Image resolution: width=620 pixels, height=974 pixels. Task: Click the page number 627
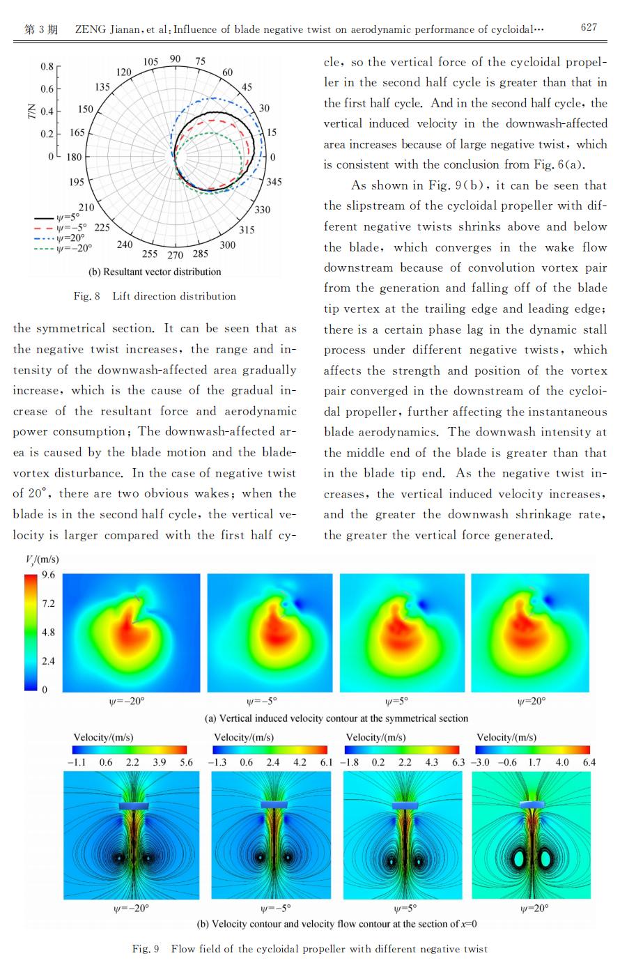[x=589, y=27]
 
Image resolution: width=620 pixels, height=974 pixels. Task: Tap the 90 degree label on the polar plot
[x=176, y=59]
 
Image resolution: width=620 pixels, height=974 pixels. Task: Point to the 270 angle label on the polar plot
[x=176, y=255]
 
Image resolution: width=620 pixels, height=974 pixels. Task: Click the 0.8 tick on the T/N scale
[x=47, y=66]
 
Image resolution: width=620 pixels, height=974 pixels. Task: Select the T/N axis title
[x=31, y=111]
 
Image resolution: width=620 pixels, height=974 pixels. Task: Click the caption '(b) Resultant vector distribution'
[x=155, y=272]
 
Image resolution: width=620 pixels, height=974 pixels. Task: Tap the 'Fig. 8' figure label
[x=86, y=296]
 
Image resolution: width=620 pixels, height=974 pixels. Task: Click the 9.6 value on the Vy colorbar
[x=48, y=575]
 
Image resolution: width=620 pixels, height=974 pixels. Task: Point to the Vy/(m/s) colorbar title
[x=42, y=559]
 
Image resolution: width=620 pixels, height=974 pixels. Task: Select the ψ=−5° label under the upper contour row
[x=262, y=701]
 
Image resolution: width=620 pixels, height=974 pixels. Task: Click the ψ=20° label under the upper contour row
[x=532, y=701]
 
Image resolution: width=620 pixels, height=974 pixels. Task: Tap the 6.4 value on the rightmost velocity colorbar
[x=589, y=762]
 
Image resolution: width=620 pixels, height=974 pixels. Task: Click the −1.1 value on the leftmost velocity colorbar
[x=77, y=762]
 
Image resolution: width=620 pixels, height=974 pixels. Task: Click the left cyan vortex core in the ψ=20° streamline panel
[x=519, y=858]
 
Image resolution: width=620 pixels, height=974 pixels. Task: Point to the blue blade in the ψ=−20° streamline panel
[x=134, y=805]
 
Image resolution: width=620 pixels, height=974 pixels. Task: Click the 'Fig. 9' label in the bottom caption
[x=146, y=948]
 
